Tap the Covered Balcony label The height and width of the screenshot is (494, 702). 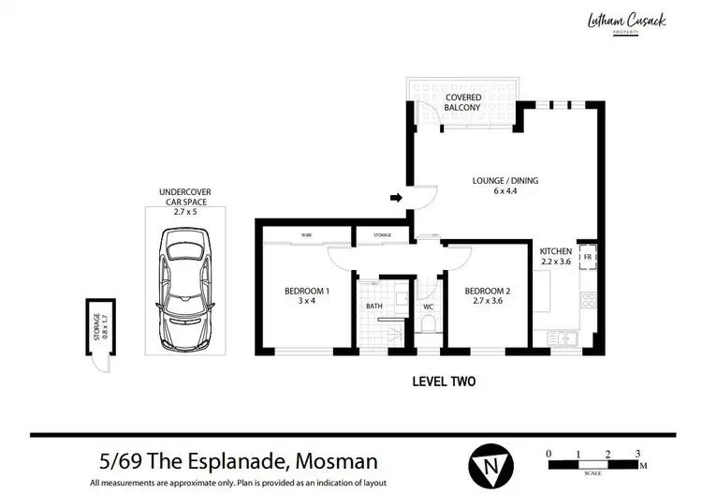tap(463, 102)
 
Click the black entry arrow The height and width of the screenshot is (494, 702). tap(396, 198)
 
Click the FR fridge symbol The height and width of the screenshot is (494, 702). tap(588, 257)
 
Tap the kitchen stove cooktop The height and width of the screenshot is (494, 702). tap(590, 301)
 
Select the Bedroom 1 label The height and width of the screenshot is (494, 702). tap(307, 295)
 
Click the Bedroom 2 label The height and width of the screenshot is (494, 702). tap(488, 295)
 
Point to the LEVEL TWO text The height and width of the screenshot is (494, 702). tap(444, 382)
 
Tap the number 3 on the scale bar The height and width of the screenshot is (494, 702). tap(637, 454)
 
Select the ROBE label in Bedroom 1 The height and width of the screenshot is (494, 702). tap(306, 235)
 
